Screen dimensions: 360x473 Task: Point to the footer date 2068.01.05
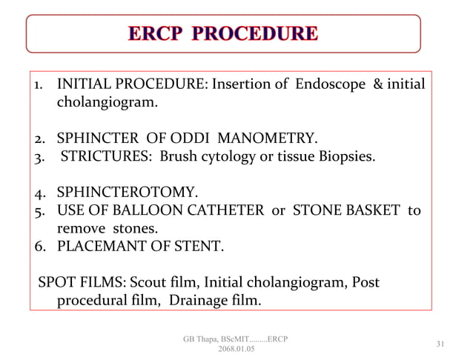point(235,350)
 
